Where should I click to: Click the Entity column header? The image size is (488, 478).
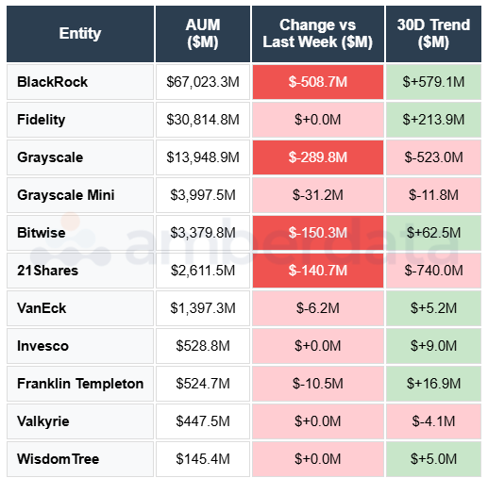[x=79, y=33]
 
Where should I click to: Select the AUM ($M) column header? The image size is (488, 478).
[x=203, y=33]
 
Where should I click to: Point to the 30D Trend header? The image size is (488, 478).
[x=433, y=33]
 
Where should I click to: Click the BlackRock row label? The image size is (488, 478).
[x=53, y=82]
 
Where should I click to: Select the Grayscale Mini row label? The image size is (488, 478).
[x=65, y=195]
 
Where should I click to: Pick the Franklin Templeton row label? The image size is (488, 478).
[x=80, y=384]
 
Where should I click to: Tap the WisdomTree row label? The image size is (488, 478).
[x=59, y=459]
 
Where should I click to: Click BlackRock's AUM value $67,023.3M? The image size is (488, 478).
[x=203, y=82]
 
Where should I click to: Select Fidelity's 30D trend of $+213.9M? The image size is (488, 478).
[x=433, y=120]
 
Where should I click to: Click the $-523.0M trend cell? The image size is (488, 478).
[x=433, y=157]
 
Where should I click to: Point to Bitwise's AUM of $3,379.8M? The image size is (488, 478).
[x=203, y=233]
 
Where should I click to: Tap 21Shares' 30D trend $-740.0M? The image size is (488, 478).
[x=433, y=271]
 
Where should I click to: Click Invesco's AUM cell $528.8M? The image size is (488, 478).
[x=203, y=346]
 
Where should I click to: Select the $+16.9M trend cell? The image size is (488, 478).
[x=433, y=384]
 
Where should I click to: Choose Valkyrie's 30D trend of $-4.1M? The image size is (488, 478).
[x=433, y=421]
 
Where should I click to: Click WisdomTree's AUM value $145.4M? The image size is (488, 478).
[x=203, y=459]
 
